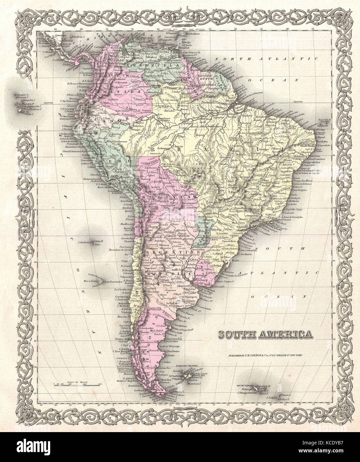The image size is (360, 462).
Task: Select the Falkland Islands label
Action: click(181, 369)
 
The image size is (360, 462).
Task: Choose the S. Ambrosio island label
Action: click(84, 242)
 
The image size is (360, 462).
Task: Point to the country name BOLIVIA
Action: click(154, 197)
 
